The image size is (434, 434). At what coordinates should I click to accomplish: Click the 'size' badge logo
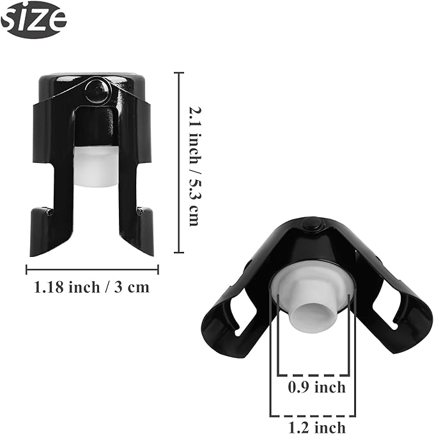click(x=33, y=20)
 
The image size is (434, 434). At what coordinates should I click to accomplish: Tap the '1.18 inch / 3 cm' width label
click(x=91, y=287)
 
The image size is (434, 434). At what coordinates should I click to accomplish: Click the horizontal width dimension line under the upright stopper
click(x=91, y=269)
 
